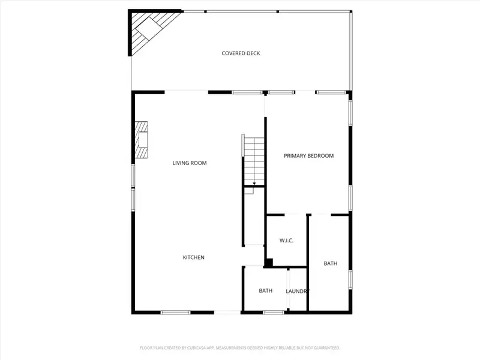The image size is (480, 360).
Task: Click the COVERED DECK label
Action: pyautogui.click(x=241, y=53)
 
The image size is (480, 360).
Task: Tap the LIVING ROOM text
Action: pyautogui.click(x=190, y=163)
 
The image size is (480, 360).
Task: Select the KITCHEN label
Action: pyautogui.click(x=194, y=257)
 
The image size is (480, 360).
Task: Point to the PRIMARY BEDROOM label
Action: pyautogui.click(x=308, y=156)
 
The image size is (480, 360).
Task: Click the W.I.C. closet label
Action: pyautogui.click(x=286, y=241)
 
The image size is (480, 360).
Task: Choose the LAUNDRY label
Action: pyautogui.click(x=297, y=291)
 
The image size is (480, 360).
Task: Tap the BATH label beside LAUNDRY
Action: pyautogui.click(x=265, y=291)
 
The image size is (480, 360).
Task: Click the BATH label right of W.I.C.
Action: pyautogui.click(x=331, y=263)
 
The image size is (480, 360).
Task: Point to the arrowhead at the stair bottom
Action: pyautogui.click(x=254, y=184)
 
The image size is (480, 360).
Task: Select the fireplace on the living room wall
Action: pyautogui.click(x=141, y=140)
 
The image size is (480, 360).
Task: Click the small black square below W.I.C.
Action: pyautogui.click(x=269, y=262)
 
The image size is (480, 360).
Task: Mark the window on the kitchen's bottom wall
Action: pyautogui.click(x=175, y=312)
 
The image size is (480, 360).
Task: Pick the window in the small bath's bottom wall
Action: pyautogui.click(x=274, y=312)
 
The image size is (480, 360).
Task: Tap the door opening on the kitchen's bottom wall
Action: pyautogui.click(x=228, y=312)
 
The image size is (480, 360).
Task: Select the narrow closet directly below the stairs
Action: pyautogui.click(x=254, y=216)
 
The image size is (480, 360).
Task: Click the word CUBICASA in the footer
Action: pyautogui.click(x=193, y=347)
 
